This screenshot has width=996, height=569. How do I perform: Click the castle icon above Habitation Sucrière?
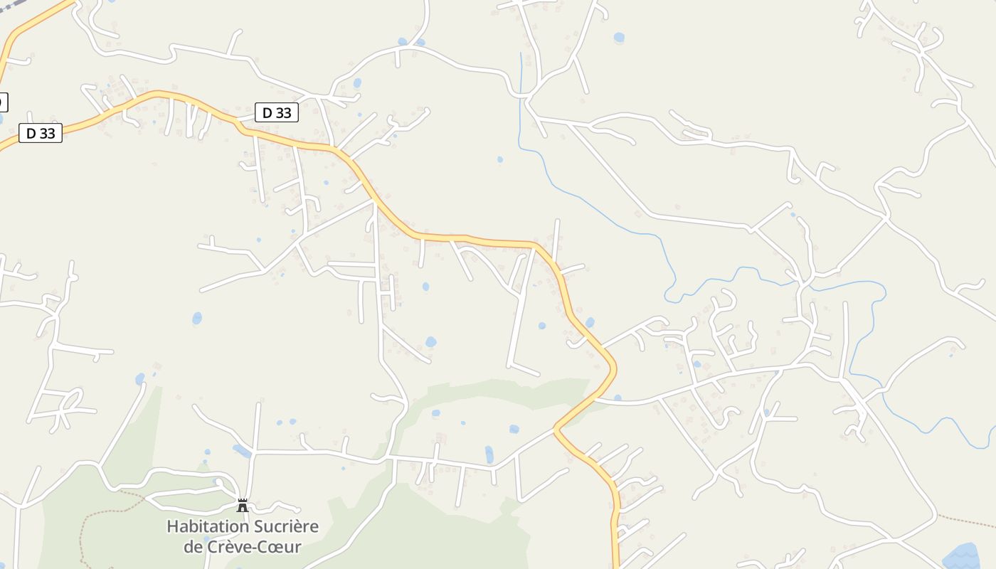[x=243, y=506]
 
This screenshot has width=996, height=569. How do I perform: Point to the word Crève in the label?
[x=228, y=547]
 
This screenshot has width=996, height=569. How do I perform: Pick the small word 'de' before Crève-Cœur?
[x=192, y=547]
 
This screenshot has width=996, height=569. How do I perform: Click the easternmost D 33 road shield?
[x=277, y=112]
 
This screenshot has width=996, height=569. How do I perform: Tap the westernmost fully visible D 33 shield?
[x=41, y=133]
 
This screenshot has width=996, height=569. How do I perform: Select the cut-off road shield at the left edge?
[x=3, y=102]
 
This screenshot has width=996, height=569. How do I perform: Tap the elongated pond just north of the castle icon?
[x=242, y=451]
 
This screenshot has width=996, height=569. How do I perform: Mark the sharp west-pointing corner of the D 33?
[x=556, y=428]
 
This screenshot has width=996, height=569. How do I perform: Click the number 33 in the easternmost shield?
[x=285, y=112]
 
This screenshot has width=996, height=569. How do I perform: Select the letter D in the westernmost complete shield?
[x=31, y=133]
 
